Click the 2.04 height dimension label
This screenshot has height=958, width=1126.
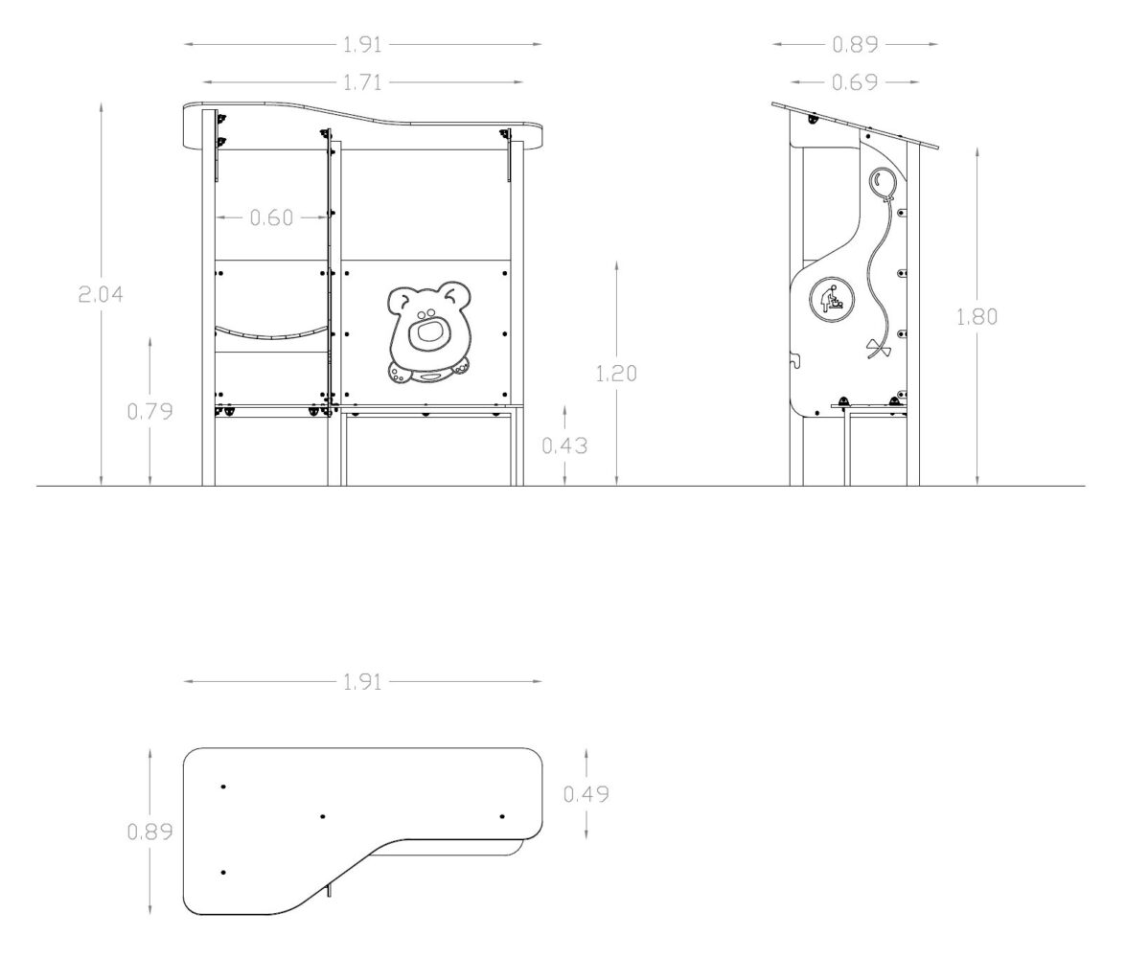click(101, 294)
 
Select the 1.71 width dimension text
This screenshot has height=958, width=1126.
click(362, 82)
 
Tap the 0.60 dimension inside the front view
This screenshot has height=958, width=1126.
click(271, 217)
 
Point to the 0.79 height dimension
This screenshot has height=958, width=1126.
click(150, 412)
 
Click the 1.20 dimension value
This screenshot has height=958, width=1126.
click(617, 374)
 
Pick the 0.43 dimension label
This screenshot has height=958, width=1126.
click(564, 446)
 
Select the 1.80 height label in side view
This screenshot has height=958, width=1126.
click(977, 317)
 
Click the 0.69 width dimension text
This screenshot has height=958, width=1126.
click(855, 82)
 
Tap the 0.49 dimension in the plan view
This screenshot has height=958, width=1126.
click(586, 794)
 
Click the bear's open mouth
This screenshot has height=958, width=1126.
click(428, 334)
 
